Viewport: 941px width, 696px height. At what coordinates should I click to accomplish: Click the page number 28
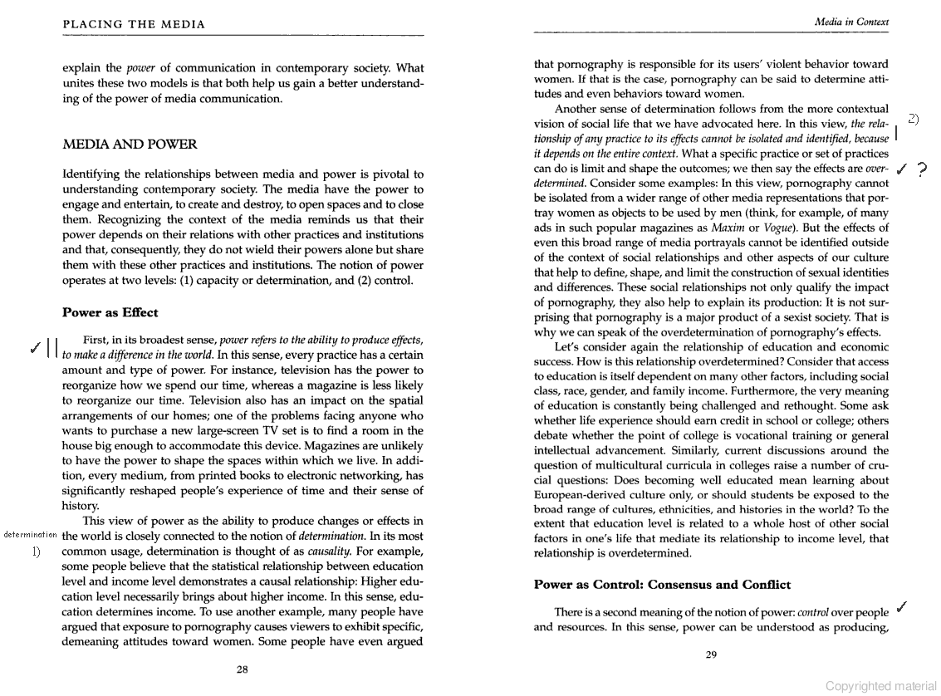[x=242, y=669]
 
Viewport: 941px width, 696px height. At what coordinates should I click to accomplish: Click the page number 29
[x=711, y=654]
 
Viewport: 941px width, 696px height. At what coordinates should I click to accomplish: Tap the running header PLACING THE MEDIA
[x=134, y=24]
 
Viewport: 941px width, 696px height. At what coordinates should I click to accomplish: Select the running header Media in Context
[x=852, y=21]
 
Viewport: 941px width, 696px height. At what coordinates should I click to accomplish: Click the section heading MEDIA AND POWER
[x=130, y=145]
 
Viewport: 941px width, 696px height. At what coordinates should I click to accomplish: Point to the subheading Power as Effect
[x=110, y=312]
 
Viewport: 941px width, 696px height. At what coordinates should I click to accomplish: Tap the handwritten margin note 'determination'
[x=31, y=534]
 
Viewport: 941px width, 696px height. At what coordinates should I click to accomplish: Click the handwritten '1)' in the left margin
[x=37, y=551]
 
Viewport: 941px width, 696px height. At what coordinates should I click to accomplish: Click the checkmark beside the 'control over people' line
[x=901, y=607]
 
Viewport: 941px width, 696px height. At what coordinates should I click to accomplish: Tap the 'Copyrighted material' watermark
[x=880, y=685]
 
